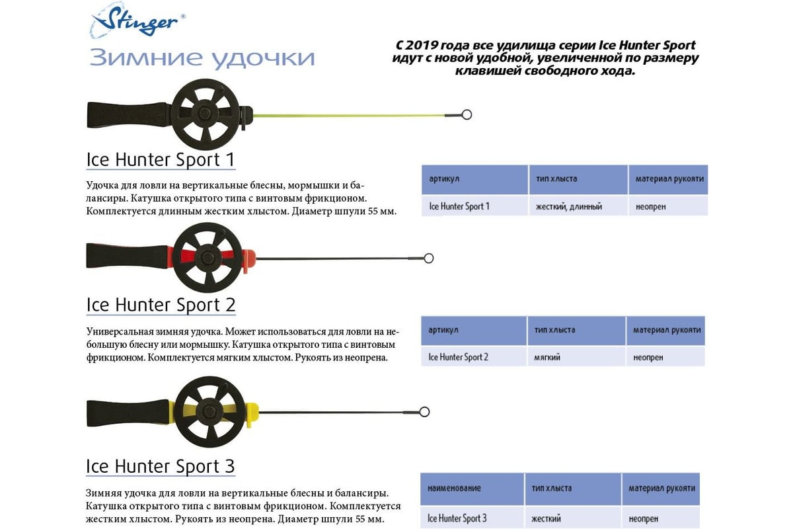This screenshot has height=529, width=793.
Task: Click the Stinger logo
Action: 137,20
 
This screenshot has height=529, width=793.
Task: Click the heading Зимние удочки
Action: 202,58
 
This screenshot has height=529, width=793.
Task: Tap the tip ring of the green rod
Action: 467,114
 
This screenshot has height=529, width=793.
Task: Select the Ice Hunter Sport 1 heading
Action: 161,159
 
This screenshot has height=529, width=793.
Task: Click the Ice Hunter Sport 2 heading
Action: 161,305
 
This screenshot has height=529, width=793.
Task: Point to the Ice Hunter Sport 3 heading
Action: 161,466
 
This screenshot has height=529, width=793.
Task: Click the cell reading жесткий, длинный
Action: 568,206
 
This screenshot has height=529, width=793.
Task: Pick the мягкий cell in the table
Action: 547,357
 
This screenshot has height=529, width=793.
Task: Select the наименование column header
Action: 454,488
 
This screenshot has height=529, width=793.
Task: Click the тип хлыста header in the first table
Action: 556,179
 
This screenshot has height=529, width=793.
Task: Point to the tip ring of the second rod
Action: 428,259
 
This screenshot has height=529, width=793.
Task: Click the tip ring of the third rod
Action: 424,412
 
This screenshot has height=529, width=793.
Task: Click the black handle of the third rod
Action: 128,413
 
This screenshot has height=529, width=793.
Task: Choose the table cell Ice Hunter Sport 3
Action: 457,518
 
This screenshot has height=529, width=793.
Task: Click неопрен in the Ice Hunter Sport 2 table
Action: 648,358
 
